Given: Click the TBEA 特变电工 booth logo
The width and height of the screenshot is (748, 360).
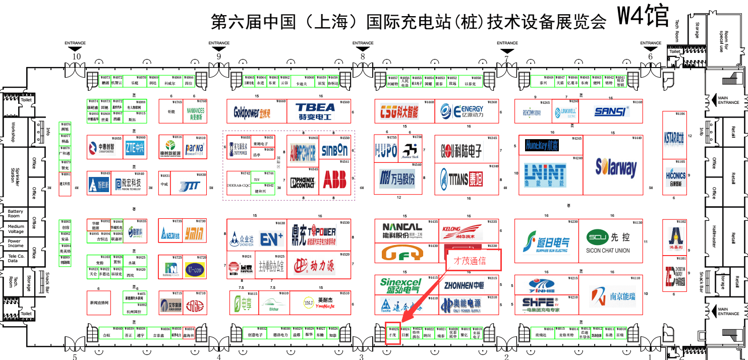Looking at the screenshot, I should [x=315, y=111].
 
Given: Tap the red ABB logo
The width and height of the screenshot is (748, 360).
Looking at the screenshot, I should [x=334, y=179].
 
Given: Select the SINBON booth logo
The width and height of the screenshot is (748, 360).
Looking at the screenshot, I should [x=334, y=150].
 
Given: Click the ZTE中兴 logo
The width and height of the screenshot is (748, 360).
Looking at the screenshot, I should [x=135, y=147].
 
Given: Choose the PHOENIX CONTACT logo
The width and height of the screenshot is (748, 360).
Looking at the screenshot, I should [x=303, y=182].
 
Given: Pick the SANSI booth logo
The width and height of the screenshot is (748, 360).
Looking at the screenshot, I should [x=612, y=111].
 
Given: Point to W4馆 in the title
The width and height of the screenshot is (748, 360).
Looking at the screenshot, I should [x=643, y=17].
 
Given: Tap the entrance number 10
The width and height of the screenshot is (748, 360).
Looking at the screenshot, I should [x=76, y=56].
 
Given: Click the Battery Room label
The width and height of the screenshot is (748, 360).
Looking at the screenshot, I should [x=15, y=214].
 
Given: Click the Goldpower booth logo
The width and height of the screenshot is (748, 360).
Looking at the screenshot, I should [x=252, y=112].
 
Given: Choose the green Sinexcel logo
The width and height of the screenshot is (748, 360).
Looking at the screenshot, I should [x=400, y=286].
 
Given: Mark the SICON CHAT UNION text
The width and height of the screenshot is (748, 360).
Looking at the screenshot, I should [x=608, y=251].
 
